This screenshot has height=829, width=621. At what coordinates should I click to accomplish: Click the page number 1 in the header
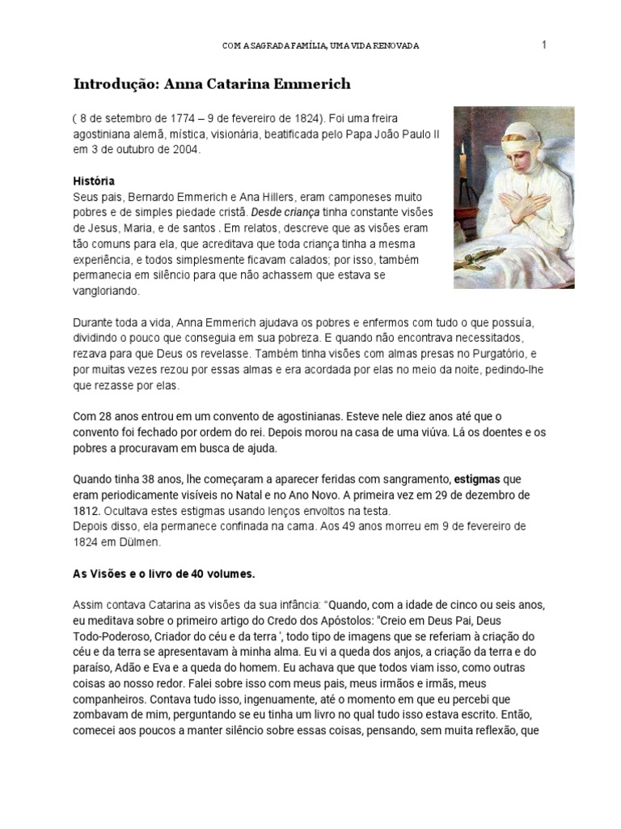click(x=544, y=45)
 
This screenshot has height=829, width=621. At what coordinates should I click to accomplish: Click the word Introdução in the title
click(x=111, y=84)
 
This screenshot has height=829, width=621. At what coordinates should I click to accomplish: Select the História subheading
click(x=93, y=181)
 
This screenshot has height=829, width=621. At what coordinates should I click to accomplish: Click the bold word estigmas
click(x=477, y=478)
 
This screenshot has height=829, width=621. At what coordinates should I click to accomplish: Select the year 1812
click(x=87, y=509)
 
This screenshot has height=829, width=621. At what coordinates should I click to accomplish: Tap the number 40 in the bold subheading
click(x=198, y=573)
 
